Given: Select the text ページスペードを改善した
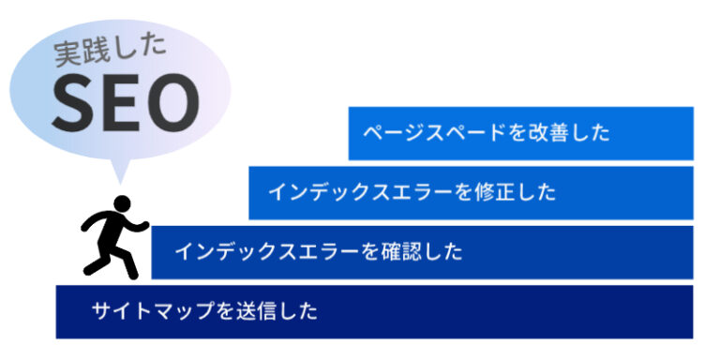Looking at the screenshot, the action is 487,133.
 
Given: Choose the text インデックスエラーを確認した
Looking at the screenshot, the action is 318,251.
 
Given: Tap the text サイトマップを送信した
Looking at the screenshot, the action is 205,310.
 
